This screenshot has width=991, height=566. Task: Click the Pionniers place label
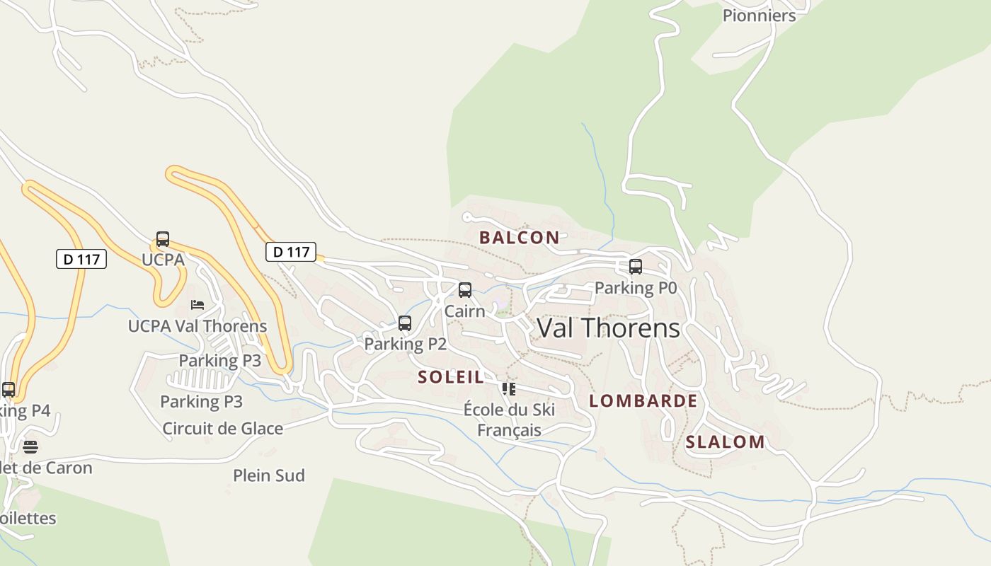tap(759, 15)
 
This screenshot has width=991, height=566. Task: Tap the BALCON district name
tap(519, 238)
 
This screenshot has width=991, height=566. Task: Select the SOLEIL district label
tap(451, 377)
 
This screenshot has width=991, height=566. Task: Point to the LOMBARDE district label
tap(643, 401)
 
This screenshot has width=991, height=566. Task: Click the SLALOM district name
tap(725, 442)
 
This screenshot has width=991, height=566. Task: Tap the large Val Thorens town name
tap(608, 328)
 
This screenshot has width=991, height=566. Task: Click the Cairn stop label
tap(464, 311)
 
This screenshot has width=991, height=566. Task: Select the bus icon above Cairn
tap(464, 290)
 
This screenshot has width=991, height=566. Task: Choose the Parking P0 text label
tap(635, 288)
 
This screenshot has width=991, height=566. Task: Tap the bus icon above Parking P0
tap(635, 267)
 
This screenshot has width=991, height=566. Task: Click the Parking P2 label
tap(405, 344)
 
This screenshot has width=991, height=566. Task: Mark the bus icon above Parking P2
tap(404, 323)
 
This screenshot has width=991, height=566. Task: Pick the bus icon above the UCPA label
tap(162, 239)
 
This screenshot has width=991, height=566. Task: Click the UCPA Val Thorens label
tap(197, 326)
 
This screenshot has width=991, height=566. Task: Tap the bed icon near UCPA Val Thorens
tap(197, 305)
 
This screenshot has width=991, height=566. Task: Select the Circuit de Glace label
tap(222, 429)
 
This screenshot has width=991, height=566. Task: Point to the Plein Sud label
tap(269, 475)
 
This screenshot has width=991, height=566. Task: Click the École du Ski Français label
tap(509, 420)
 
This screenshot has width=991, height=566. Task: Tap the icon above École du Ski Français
tap(508, 389)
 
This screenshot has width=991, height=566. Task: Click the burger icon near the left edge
tap(30, 447)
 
